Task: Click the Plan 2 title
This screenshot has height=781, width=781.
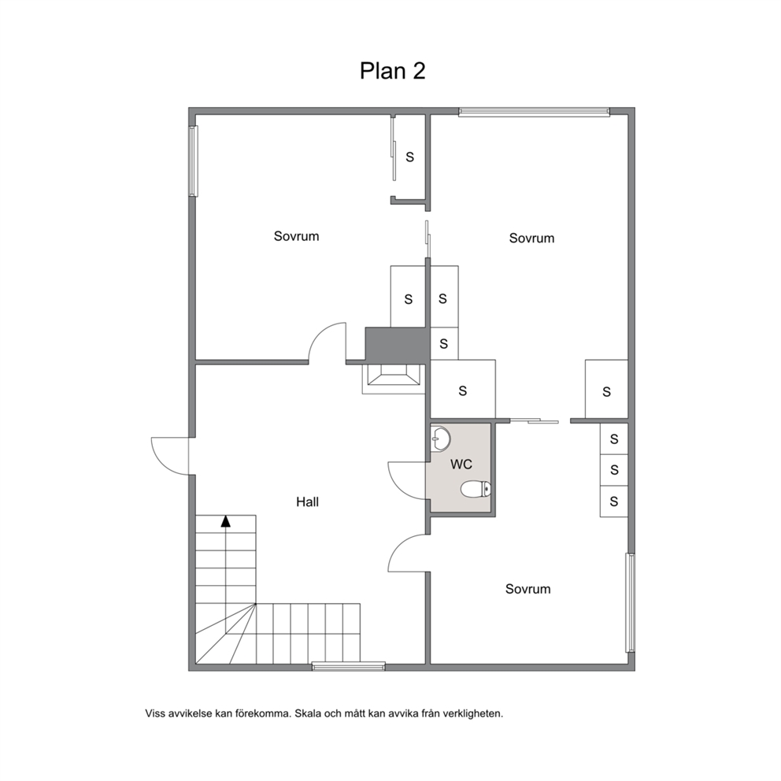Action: click(x=393, y=71)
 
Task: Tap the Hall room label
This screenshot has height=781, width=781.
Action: click(x=307, y=502)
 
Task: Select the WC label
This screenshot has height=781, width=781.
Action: click(x=461, y=465)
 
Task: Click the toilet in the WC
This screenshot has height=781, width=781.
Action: click(x=476, y=489)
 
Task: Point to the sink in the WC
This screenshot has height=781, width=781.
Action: click(x=440, y=439)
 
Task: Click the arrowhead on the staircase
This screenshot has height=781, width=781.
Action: click(x=226, y=521)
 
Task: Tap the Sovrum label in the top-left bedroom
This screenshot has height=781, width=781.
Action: click(x=296, y=236)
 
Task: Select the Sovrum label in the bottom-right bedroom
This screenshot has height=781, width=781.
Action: click(x=528, y=589)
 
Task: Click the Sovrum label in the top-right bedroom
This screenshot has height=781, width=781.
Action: click(x=531, y=238)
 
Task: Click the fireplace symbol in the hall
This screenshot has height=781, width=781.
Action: click(x=394, y=379)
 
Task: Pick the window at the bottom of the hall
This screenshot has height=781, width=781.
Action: click(x=349, y=666)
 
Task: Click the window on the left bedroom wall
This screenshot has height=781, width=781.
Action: click(x=193, y=161)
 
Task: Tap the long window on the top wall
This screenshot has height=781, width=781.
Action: click(x=534, y=112)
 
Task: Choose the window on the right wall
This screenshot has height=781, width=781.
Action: click(x=631, y=603)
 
